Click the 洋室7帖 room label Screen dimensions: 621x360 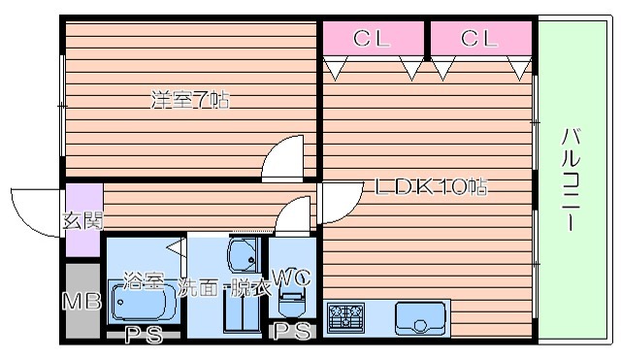[x=190, y=99]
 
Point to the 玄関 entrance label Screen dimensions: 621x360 [x=82, y=220]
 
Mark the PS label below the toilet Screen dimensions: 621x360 [x=290, y=332]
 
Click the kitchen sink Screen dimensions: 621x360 [x=420, y=316]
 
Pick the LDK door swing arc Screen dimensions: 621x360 [x=338, y=202]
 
